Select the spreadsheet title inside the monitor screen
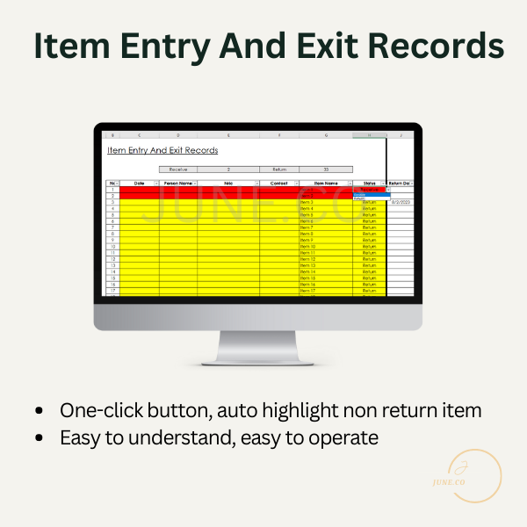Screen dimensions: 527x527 (x=162, y=150)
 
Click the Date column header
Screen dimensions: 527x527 (x=139, y=183)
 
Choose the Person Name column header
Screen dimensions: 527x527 (x=178, y=183)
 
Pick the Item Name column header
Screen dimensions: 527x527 (x=325, y=183)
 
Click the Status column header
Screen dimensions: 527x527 (x=369, y=183)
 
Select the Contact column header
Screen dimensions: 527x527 (x=279, y=183)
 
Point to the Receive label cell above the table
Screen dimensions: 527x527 (x=178, y=169)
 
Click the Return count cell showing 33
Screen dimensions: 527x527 (x=326, y=169)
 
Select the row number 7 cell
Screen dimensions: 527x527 (x=112, y=227)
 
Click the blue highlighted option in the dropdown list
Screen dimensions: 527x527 (x=371, y=194)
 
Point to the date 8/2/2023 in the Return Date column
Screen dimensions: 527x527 (x=401, y=202)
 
